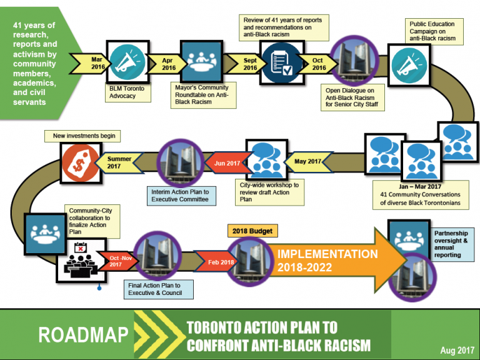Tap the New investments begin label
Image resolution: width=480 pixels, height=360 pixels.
pos(82,136)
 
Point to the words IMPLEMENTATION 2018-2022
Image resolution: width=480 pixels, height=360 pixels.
pos(327,260)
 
